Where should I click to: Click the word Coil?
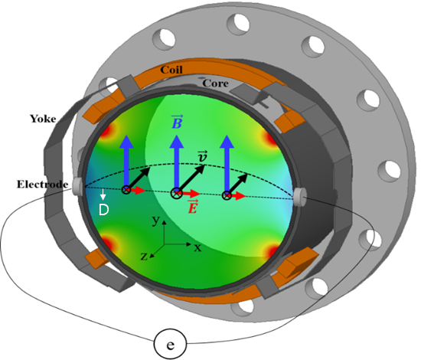(171, 70)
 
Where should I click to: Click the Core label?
(215, 83)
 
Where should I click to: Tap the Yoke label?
(43, 119)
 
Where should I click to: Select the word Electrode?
(42, 185)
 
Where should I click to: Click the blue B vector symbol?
(177, 122)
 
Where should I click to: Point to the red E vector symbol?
(192, 207)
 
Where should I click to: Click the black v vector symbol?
(202, 156)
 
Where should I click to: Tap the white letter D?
(103, 210)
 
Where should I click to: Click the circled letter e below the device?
(170, 344)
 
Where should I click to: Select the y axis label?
(155, 221)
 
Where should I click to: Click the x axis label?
(197, 247)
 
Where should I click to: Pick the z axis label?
(144, 257)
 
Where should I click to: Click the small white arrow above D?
(103, 195)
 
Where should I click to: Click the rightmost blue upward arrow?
(227, 164)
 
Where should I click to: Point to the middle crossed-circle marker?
(177, 193)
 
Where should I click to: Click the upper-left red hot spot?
(106, 131)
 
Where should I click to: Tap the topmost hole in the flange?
(238, 24)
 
